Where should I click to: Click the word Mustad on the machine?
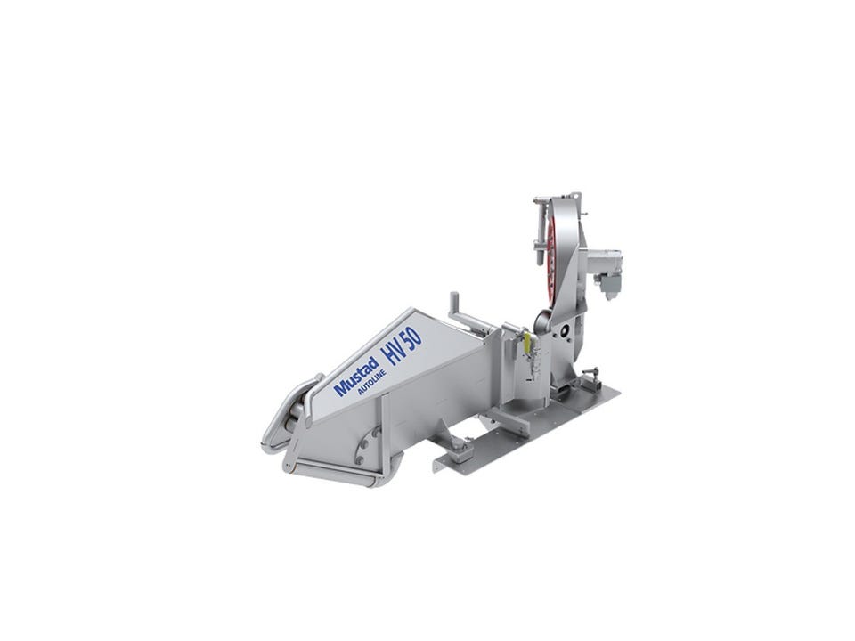pyautogui.click(x=356, y=376)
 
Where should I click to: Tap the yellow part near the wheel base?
pyautogui.click(x=526, y=342)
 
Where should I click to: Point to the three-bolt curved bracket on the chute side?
pyautogui.click(x=366, y=446)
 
